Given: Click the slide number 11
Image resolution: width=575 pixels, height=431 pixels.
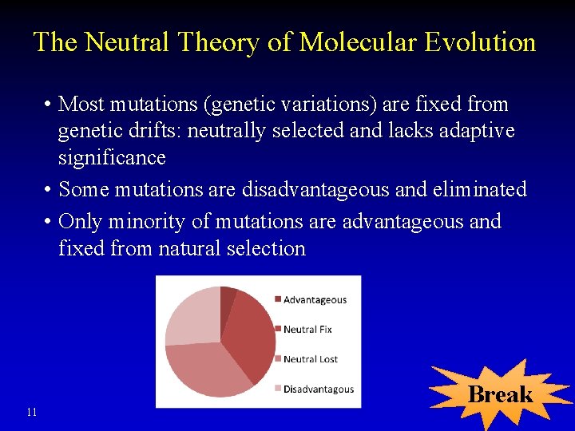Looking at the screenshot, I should (x=32, y=412).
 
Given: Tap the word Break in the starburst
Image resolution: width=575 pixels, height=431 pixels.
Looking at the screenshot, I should (x=500, y=394).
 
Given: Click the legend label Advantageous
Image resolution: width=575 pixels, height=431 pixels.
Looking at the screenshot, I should (x=315, y=300).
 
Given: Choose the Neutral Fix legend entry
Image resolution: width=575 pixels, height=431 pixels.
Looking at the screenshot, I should (x=307, y=330).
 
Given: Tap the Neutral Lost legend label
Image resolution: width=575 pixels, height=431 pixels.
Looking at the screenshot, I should (x=311, y=359).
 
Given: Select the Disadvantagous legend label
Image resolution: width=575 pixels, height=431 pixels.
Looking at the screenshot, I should (x=318, y=389).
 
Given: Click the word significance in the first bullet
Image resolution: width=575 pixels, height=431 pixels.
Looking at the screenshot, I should (x=112, y=158).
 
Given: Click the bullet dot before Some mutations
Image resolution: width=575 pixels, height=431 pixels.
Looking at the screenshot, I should (x=49, y=190).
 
